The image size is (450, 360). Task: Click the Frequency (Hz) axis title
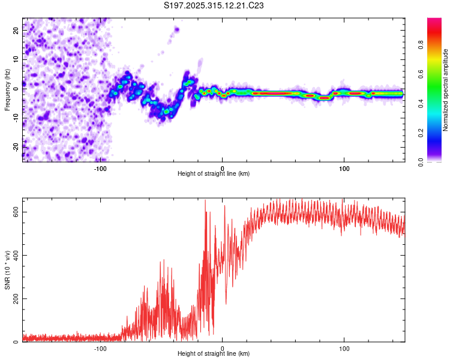click(x=7, y=89)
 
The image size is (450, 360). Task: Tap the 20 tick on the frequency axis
click(x=16, y=31)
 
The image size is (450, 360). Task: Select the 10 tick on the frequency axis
click(x=16, y=60)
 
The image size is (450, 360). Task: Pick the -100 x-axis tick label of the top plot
click(x=100, y=168)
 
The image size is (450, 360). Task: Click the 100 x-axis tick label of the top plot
click(x=344, y=168)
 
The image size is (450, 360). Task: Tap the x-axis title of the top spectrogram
click(x=214, y=174)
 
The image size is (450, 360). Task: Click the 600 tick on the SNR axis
click(x=16, y=212)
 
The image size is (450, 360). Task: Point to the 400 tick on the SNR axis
click(x=16, y=256)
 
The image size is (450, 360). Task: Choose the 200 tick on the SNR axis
click(x=16, y=299)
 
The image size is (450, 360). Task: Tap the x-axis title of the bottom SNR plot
click(x=214, y=354)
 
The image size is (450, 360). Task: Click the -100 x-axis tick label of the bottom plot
click(x=100, y=348)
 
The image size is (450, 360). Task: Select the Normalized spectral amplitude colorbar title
click(x=445, y=89)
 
